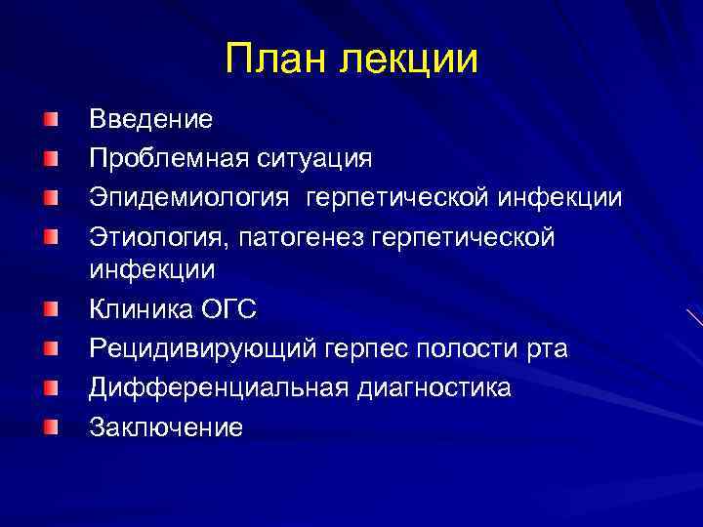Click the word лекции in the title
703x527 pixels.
click(409, 59)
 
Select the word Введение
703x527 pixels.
click(150, 120)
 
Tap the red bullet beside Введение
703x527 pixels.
click(50, 120)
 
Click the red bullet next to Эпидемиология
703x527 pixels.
click(50, 197)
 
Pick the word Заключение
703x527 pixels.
click(166, 426)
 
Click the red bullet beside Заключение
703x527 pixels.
click(50, 426)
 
